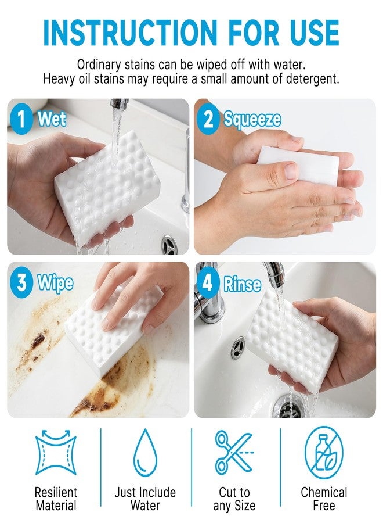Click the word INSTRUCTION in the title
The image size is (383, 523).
click(x=130, y=33)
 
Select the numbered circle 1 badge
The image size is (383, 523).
click(x=21, y=119)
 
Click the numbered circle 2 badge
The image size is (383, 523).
click(x=208, y=119)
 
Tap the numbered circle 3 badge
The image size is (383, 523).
click(x=21, y=283)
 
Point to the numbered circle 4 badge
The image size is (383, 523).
click(x=208, y=283)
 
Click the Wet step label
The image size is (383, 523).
click(x=52, y=119)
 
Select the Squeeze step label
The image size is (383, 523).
click(x=252, y=120)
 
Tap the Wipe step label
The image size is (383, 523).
click(x=55, y=284)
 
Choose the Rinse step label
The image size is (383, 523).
click(x=243, y=284)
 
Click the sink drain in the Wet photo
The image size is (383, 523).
click(x=169, y=245)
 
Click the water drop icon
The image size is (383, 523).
click(x=145, y=453)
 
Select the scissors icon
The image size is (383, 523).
click(x=234, y=452)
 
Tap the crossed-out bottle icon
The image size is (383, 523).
click(x=324, y=452)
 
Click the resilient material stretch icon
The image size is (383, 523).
click(x=56, y=452)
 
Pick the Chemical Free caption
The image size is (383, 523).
click(x=324, y=499)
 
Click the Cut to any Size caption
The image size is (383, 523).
click(x=234, y=499)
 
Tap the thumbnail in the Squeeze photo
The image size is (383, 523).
click(x=291, y=171)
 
